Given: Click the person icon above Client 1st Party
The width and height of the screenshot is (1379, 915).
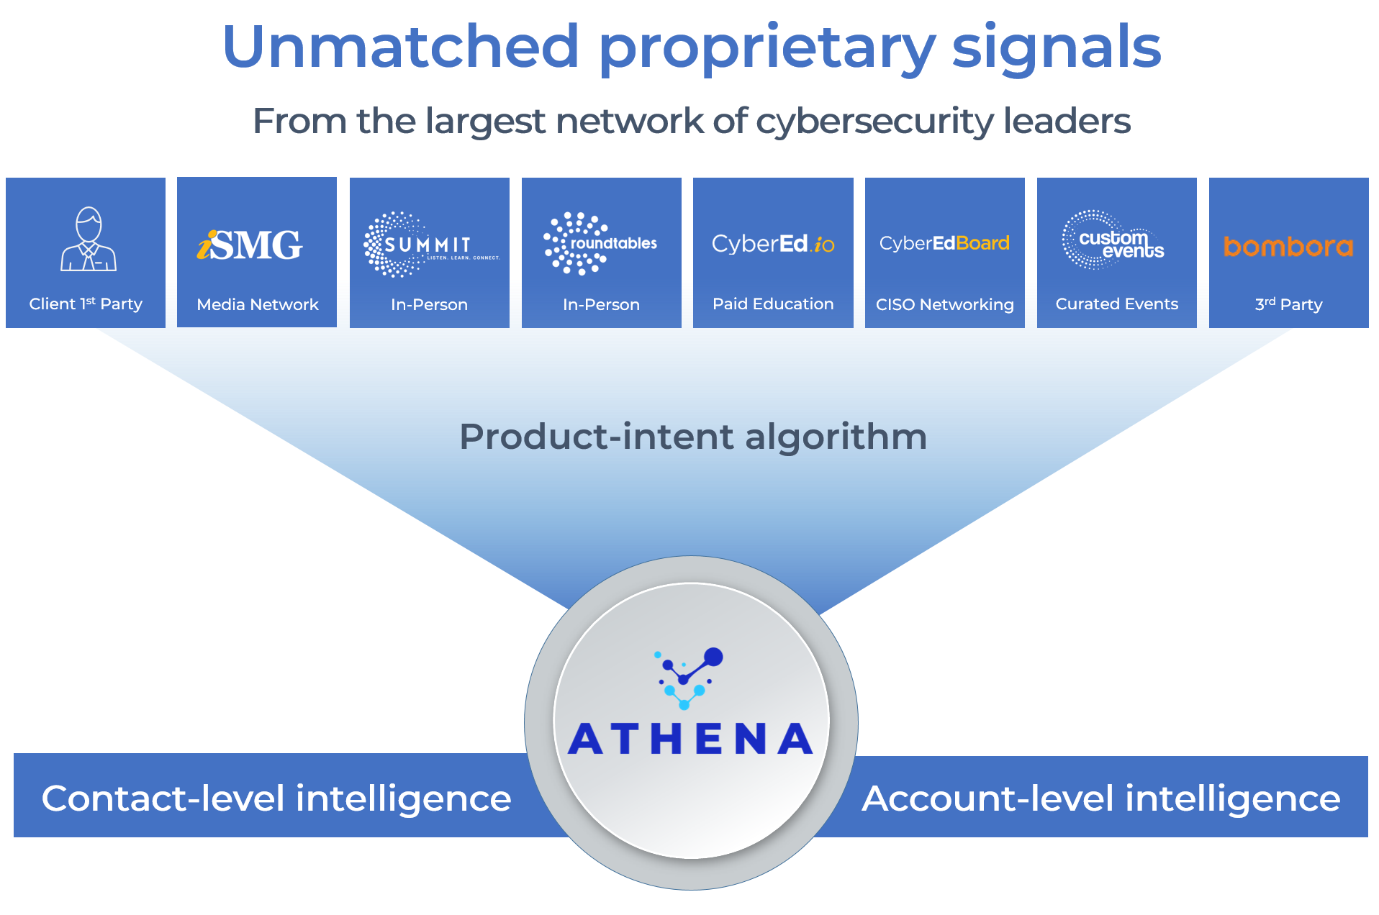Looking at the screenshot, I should point(88,239).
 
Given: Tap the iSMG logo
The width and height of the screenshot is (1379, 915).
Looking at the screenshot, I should point(250,245).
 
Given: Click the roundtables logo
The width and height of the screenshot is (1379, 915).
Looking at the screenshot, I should point(600,243).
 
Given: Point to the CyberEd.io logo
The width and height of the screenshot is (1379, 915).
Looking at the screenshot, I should point(772,244).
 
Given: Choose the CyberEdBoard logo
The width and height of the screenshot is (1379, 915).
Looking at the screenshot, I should point(944,243).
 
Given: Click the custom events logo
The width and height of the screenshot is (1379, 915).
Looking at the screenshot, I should point(1115,240).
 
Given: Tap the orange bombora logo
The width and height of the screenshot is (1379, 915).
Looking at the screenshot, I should point(1288,247).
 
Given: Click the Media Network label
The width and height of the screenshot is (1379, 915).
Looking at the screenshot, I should point(257,304).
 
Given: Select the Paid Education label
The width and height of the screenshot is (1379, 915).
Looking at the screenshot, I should point(773,304).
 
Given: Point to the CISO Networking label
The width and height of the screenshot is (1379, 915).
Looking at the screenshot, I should point(944,304).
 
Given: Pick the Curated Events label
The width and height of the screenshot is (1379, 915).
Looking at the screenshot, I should point(1116,304).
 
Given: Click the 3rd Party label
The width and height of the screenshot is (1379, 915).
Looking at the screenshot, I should point(1288,304).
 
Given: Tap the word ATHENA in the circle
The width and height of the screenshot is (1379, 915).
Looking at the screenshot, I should point(690,739).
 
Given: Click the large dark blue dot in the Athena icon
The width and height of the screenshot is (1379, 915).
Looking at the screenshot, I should point(713,657).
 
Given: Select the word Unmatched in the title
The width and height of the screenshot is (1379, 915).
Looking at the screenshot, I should point(401,47).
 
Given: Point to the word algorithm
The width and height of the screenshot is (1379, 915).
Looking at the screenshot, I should point(836,437).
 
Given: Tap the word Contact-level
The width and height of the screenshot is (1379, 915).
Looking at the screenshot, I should point(163,798).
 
